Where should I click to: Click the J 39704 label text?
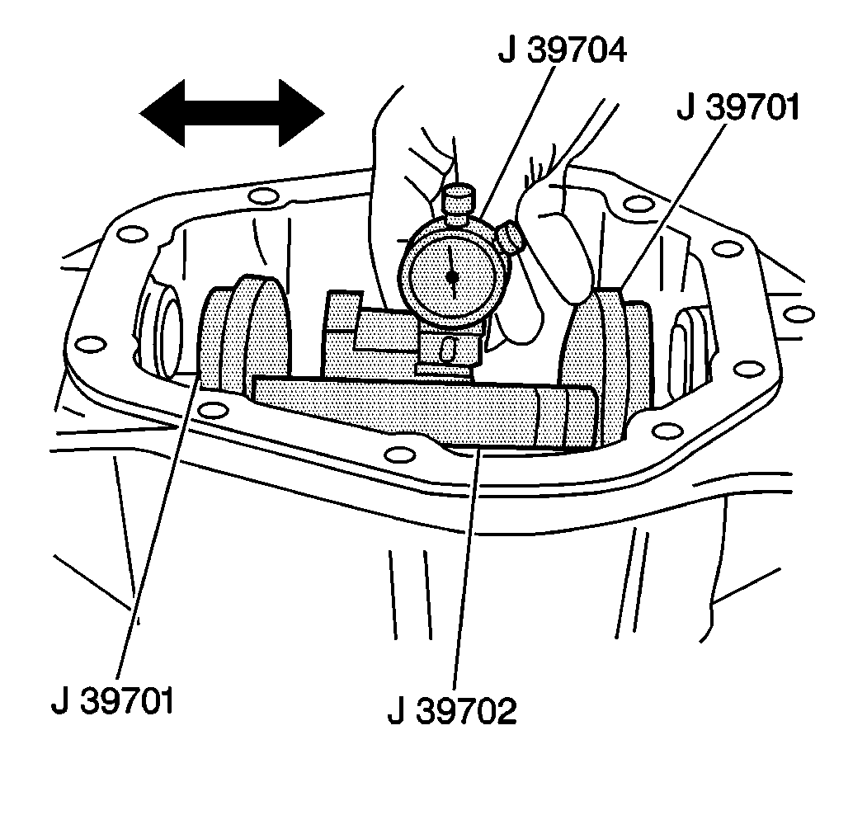(x=562, y=50)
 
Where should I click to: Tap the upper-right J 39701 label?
(x=737, y=106)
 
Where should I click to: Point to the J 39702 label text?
(x=452, y=710)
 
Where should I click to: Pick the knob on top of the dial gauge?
(x=458, y=199)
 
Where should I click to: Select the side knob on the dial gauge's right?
(x=512, y=238)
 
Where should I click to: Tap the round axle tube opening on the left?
(x=169, y=330)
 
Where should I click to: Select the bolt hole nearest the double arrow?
(x=263, y=196)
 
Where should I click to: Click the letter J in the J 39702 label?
(x=394, y=710)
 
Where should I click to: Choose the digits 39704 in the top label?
(x=574, y=50)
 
